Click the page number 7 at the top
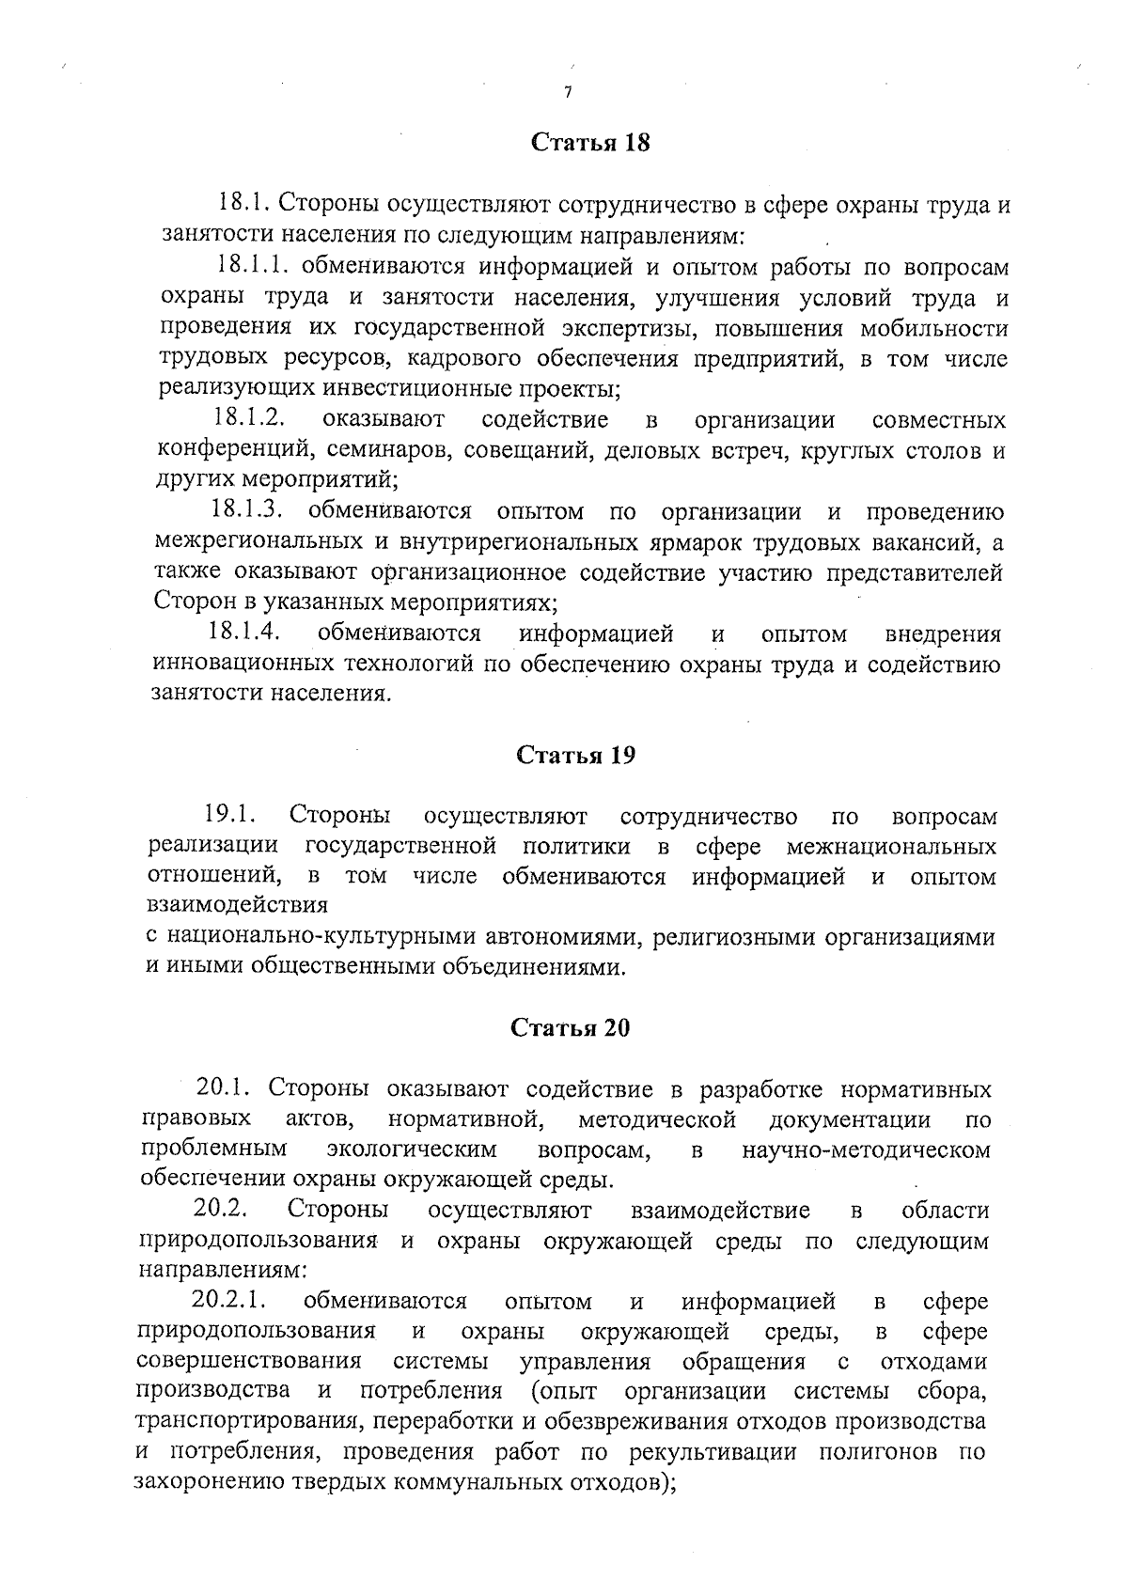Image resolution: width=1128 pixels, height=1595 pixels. [x=568, y=92]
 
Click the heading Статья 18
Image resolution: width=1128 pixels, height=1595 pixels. [x=590, y=143]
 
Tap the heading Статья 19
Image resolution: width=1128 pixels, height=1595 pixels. [x=575, y=756]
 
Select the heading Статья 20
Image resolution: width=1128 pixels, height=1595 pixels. [x=570, y=1027]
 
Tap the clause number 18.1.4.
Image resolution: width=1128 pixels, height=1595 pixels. [x=247, y=633]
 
